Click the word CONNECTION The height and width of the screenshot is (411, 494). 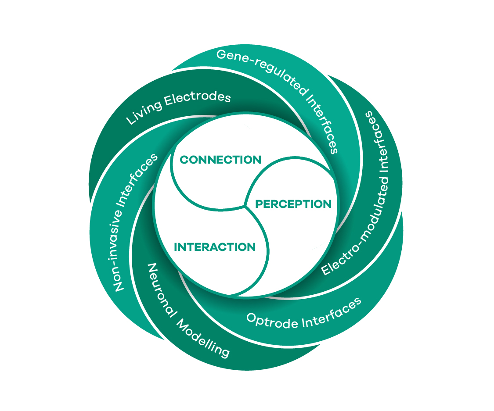[x=220, y=160]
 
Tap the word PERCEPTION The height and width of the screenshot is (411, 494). [x=293, y=204]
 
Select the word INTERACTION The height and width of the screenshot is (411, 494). [x=215, y=247]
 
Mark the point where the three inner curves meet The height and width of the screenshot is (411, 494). [x=245, y=205]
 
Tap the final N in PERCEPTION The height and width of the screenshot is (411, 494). [x=327, y=204]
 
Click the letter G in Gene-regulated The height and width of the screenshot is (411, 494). [x=221, y=55]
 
